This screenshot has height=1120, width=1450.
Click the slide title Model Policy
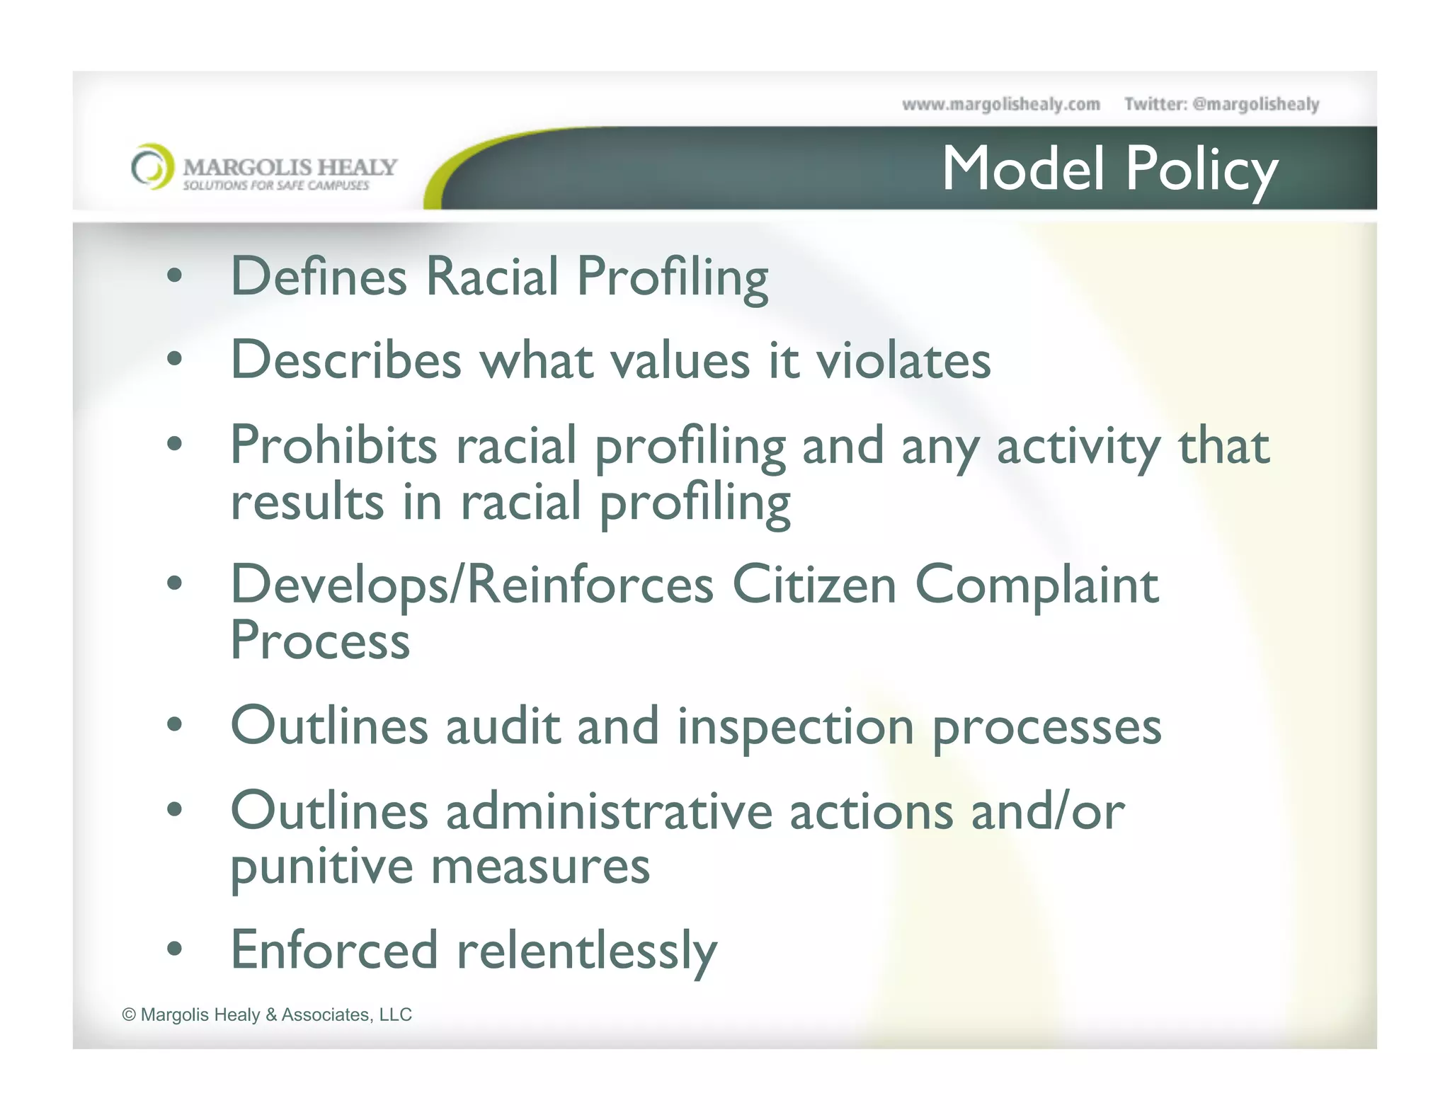(1109, 169)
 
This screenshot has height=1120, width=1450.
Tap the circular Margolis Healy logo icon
(152, 167)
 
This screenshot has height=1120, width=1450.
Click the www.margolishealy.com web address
(1000, 105)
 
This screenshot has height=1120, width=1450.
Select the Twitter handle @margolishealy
(1255, 105)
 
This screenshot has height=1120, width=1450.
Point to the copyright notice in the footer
(267, 1015)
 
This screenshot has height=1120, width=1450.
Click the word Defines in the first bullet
(319, 276)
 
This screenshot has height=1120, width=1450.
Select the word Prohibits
(333, 446)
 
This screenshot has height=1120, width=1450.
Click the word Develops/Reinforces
(472, 585)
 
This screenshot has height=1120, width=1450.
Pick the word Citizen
(814, 585)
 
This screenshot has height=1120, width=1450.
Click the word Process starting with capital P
(320, 641)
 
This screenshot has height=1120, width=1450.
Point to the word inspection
(796, 727)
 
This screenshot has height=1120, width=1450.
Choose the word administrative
(609, 811)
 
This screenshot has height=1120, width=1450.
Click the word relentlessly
(587, 951)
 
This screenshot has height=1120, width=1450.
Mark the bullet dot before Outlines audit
(174, 725)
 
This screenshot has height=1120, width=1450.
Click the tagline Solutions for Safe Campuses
(276, 185)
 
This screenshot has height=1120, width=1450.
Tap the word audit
(503, 727)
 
